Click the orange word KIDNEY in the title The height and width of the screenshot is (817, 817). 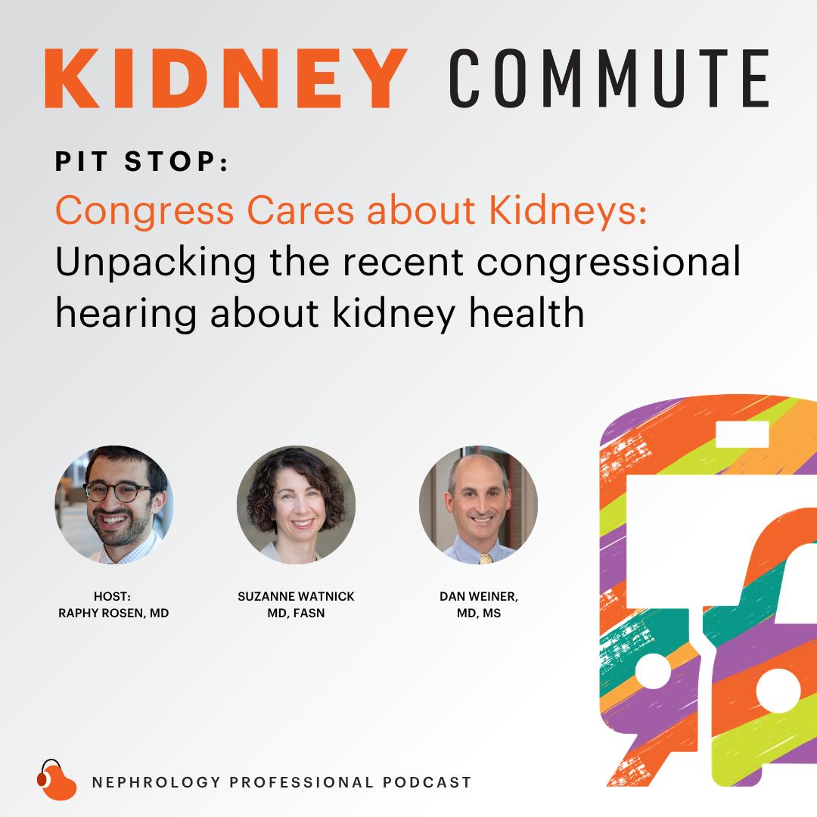(226, 78)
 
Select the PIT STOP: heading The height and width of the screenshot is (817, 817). (141, 162)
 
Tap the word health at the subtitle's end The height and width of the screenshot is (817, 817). (527, 312)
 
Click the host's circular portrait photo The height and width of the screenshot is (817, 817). (114, 505)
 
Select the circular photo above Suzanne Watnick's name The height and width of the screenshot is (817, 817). (296, 505)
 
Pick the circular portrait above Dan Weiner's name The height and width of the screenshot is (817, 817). (478, 505)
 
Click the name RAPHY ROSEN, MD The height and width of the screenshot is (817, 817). (113, 614)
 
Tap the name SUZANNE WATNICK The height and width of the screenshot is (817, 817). (296, 597)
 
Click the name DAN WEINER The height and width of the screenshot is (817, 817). (479, 597)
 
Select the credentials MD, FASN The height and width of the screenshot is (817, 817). (296, 614)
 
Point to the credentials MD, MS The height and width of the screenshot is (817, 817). (479, 614)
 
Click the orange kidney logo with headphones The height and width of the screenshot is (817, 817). (56, 781)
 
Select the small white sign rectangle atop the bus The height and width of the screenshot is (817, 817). (743, 434)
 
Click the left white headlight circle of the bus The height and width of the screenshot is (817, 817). (654, 671)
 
